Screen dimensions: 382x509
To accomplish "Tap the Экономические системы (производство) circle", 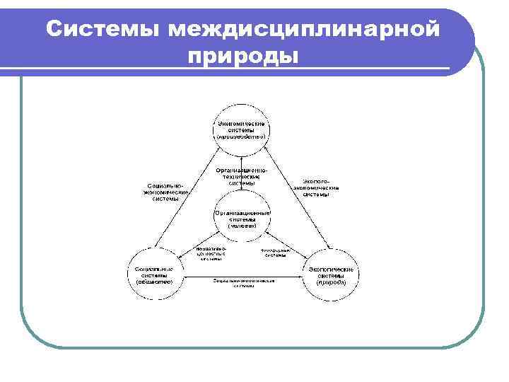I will [242, 129].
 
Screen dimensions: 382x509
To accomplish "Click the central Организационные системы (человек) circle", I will [242, 219].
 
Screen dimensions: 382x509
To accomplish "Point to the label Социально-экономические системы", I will [165, 192].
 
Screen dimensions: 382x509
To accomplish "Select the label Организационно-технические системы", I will [242, 176].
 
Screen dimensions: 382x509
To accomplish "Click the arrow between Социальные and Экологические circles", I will [242, 274].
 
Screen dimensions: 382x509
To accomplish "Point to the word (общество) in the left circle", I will [155, 282].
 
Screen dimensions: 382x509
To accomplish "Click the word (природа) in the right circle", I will [331, 282].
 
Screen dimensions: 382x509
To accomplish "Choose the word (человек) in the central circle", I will [242, 226].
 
